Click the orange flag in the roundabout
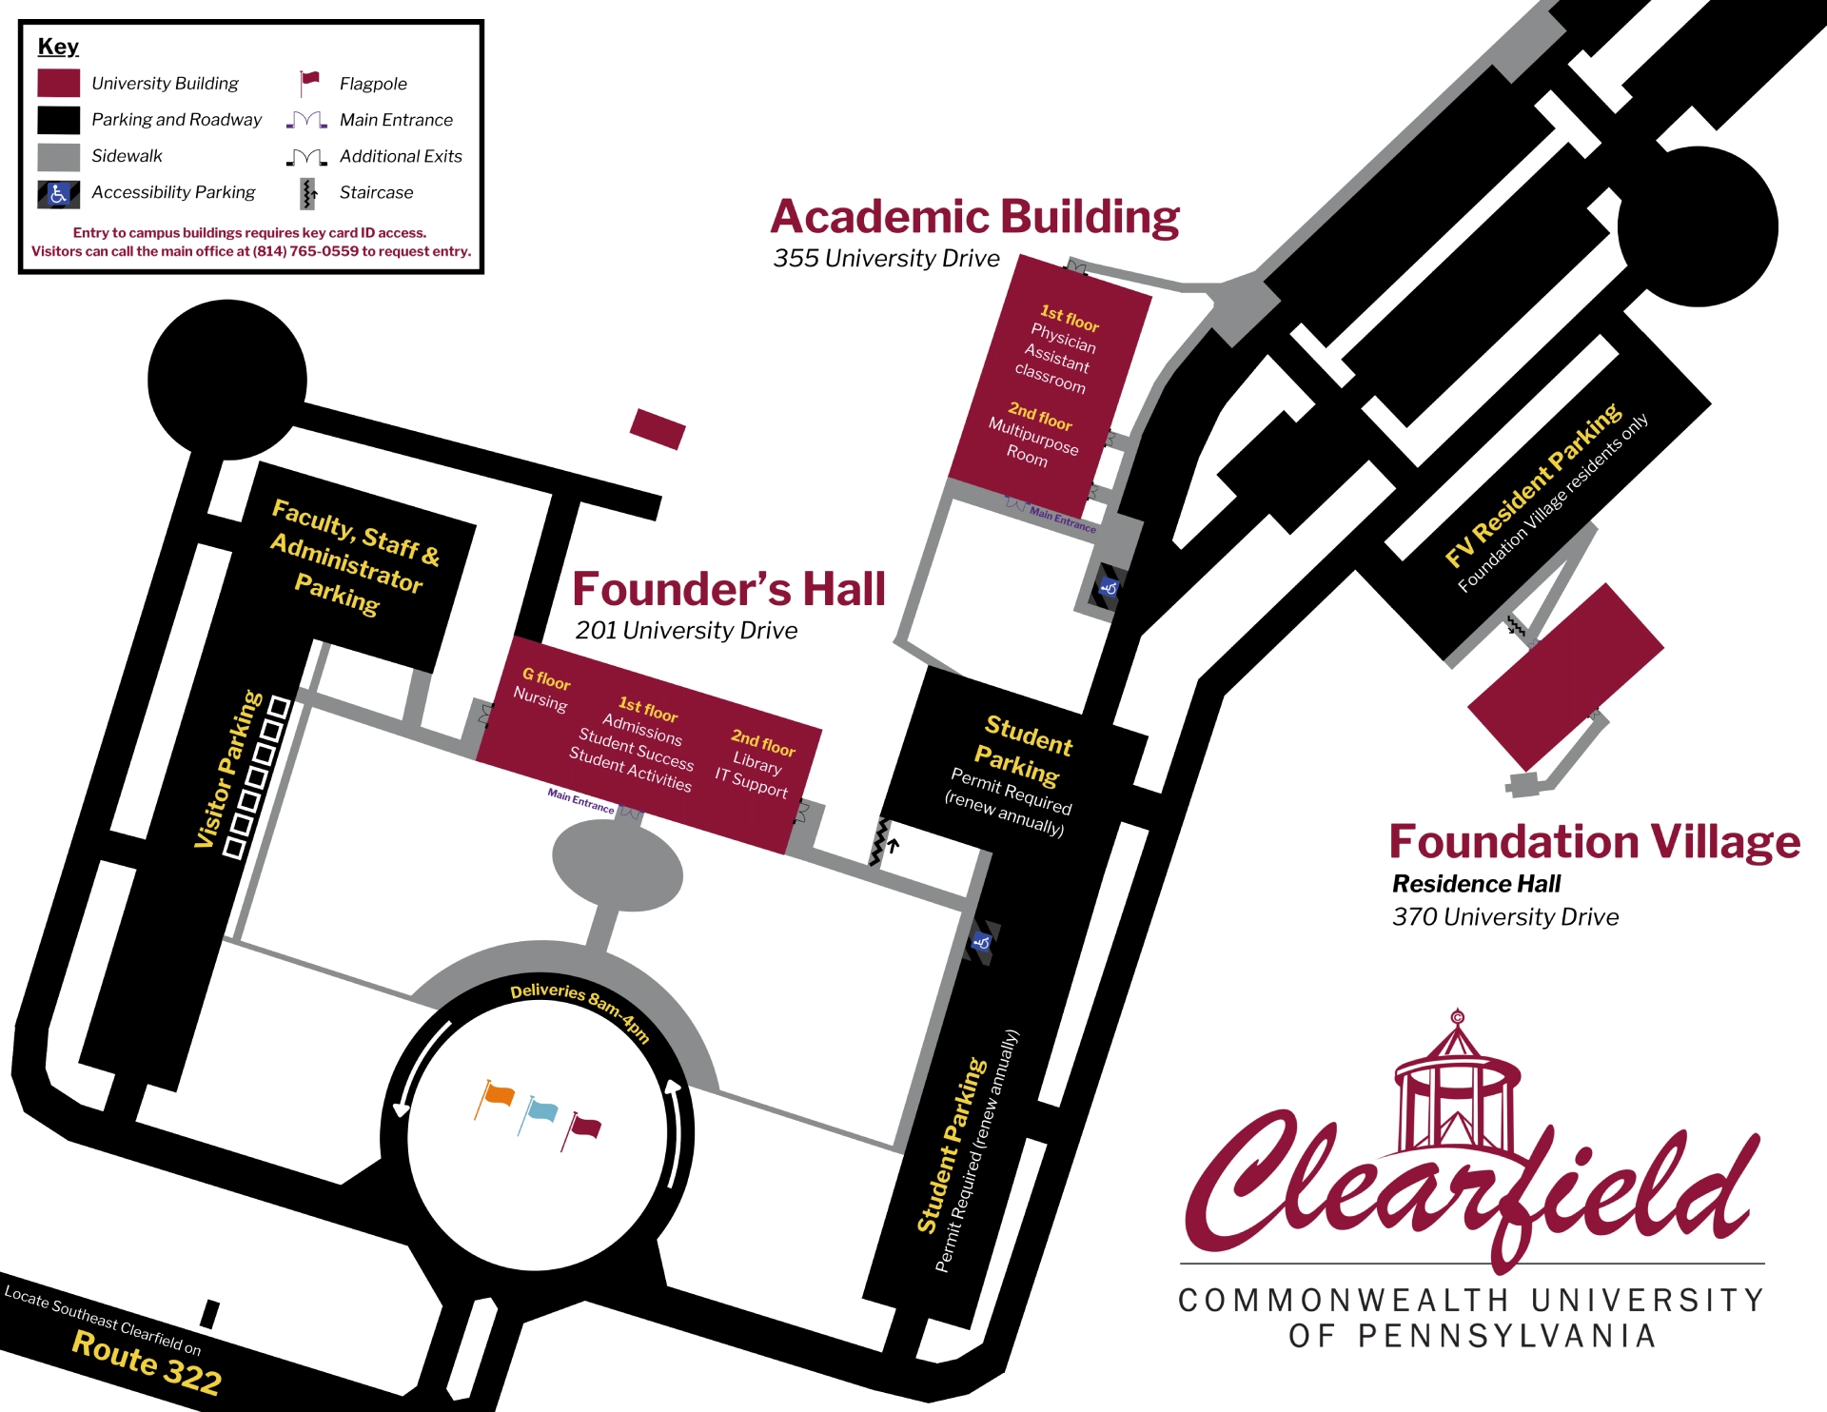point(498,1095)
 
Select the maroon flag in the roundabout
point(585,1128)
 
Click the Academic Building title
point(974,218)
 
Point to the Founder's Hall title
point(728,589)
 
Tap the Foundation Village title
point(1594,842)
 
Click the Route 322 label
point(147,1362)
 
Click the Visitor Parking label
point(227,769)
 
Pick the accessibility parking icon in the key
point(58,193)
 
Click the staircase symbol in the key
point(307,193)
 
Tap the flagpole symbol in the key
point(309,83)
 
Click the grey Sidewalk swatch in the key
point(58,157)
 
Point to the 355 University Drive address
point(886,259)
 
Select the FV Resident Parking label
point(1531,484)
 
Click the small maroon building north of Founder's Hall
point(658,429)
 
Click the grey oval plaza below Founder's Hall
point(618,866)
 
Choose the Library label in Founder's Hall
point(757,762)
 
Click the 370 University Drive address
point(1504,917)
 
